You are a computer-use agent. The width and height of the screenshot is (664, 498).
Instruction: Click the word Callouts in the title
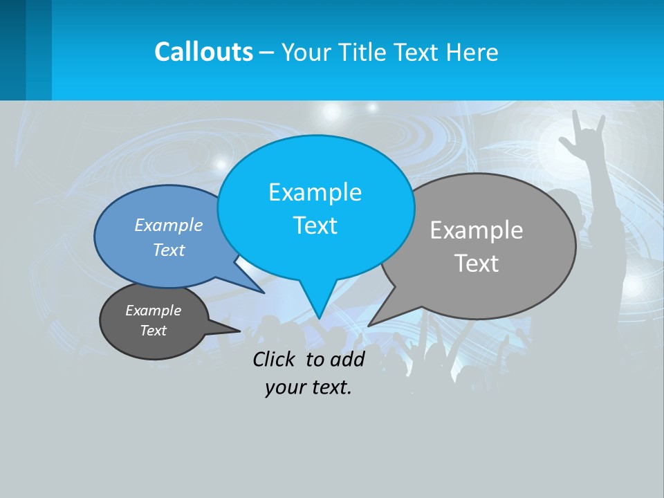pos(203,52)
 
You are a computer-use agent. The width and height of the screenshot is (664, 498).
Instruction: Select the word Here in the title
pos(473,52)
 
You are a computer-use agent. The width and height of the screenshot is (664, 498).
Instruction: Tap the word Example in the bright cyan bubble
pos(315,192)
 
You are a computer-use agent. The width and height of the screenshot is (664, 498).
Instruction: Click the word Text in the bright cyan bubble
pos(315,225)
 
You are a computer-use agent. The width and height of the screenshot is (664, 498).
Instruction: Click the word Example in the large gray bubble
pos(477,230)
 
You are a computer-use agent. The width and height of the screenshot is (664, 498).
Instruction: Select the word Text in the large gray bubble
pos(477,264)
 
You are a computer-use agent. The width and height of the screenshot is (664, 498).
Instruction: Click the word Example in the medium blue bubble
pos(169,225)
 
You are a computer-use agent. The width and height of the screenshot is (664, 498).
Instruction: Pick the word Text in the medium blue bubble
pos(169,250)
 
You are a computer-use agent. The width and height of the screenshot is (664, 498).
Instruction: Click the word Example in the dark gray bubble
pos(153,311)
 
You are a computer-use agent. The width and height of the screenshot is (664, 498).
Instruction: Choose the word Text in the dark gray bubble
pos(153,331)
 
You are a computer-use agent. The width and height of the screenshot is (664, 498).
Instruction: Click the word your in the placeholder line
pos(284,387)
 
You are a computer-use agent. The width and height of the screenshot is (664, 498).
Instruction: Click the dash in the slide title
pos(267,52)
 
